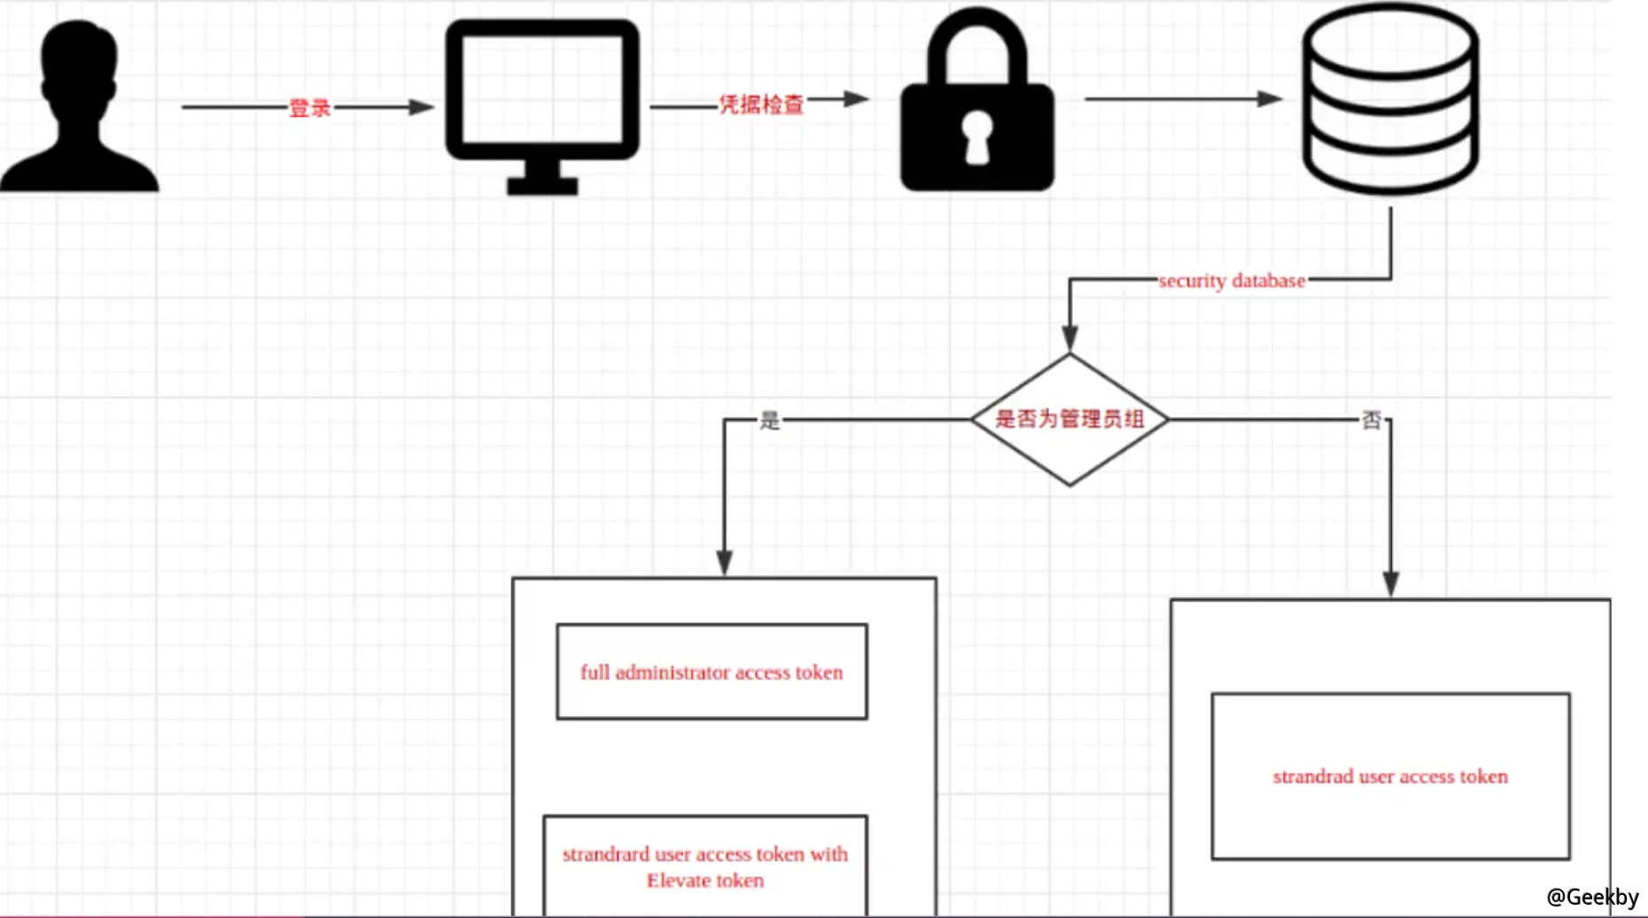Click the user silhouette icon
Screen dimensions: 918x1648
(x=80, y=106)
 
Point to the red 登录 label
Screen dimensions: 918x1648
(x=309, y=108)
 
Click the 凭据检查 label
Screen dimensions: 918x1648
(x=760, y=105)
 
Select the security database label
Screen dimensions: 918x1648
(x=1232, y=281)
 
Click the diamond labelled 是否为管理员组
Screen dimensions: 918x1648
(x=1069, y=419)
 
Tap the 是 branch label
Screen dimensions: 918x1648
(x=769, y=420)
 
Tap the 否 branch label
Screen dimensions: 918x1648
(x=1371, y=420)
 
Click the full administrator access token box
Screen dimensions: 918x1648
(x=711, y=672)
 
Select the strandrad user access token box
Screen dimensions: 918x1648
(x=1390, y=776)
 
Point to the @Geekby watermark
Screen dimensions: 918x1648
(x=1592, y=897)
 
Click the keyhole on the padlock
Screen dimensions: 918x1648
(x=977, y=137)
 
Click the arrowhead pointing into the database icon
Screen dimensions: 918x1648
(x=1271, y=98)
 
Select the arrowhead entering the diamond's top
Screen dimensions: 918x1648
(x=1069, y=338)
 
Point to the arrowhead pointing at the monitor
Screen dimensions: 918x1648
(x=421, y=107)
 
